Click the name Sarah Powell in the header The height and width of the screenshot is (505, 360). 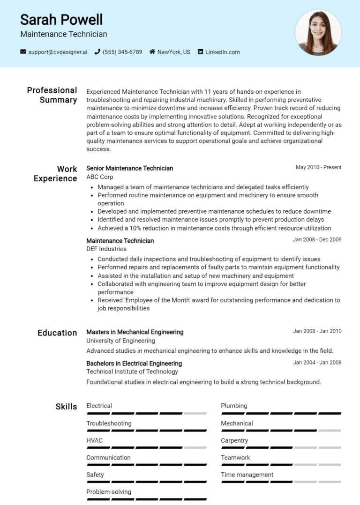click(x=61, y=20)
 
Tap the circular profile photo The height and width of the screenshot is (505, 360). click(x=318, y=32)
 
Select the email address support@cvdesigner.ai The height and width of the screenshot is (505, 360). click(x=58, y=52)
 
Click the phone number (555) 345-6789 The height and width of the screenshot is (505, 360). click(x=122, y=52)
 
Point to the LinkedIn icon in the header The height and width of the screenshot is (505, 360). click(x=201, y=52)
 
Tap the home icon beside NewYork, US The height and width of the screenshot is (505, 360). click(x=152, y=52)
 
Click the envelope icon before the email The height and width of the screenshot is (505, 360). click(x=23, y=52)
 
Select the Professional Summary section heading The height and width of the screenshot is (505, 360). click(x=52, y=95)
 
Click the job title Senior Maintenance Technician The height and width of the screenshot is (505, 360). click(x=130, y=168)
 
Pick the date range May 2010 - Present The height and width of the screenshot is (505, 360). click(x=318, y=167)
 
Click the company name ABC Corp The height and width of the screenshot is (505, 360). click(x=100, y=177)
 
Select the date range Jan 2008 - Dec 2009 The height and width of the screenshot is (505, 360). click(x=317, y=240)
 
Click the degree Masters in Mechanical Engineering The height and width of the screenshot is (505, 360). click(x=135, y=332)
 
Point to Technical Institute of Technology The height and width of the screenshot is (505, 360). click(x=132, y=371)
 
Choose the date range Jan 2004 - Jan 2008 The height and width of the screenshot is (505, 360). click(x=317, y=363)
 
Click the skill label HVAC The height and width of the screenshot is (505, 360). click(x=95, y=440)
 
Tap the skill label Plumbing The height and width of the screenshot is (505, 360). click(x=234, y=406)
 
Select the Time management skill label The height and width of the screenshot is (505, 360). click(x=247, y=475)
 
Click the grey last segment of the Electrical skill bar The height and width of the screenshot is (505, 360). click(x=195, y=414)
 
